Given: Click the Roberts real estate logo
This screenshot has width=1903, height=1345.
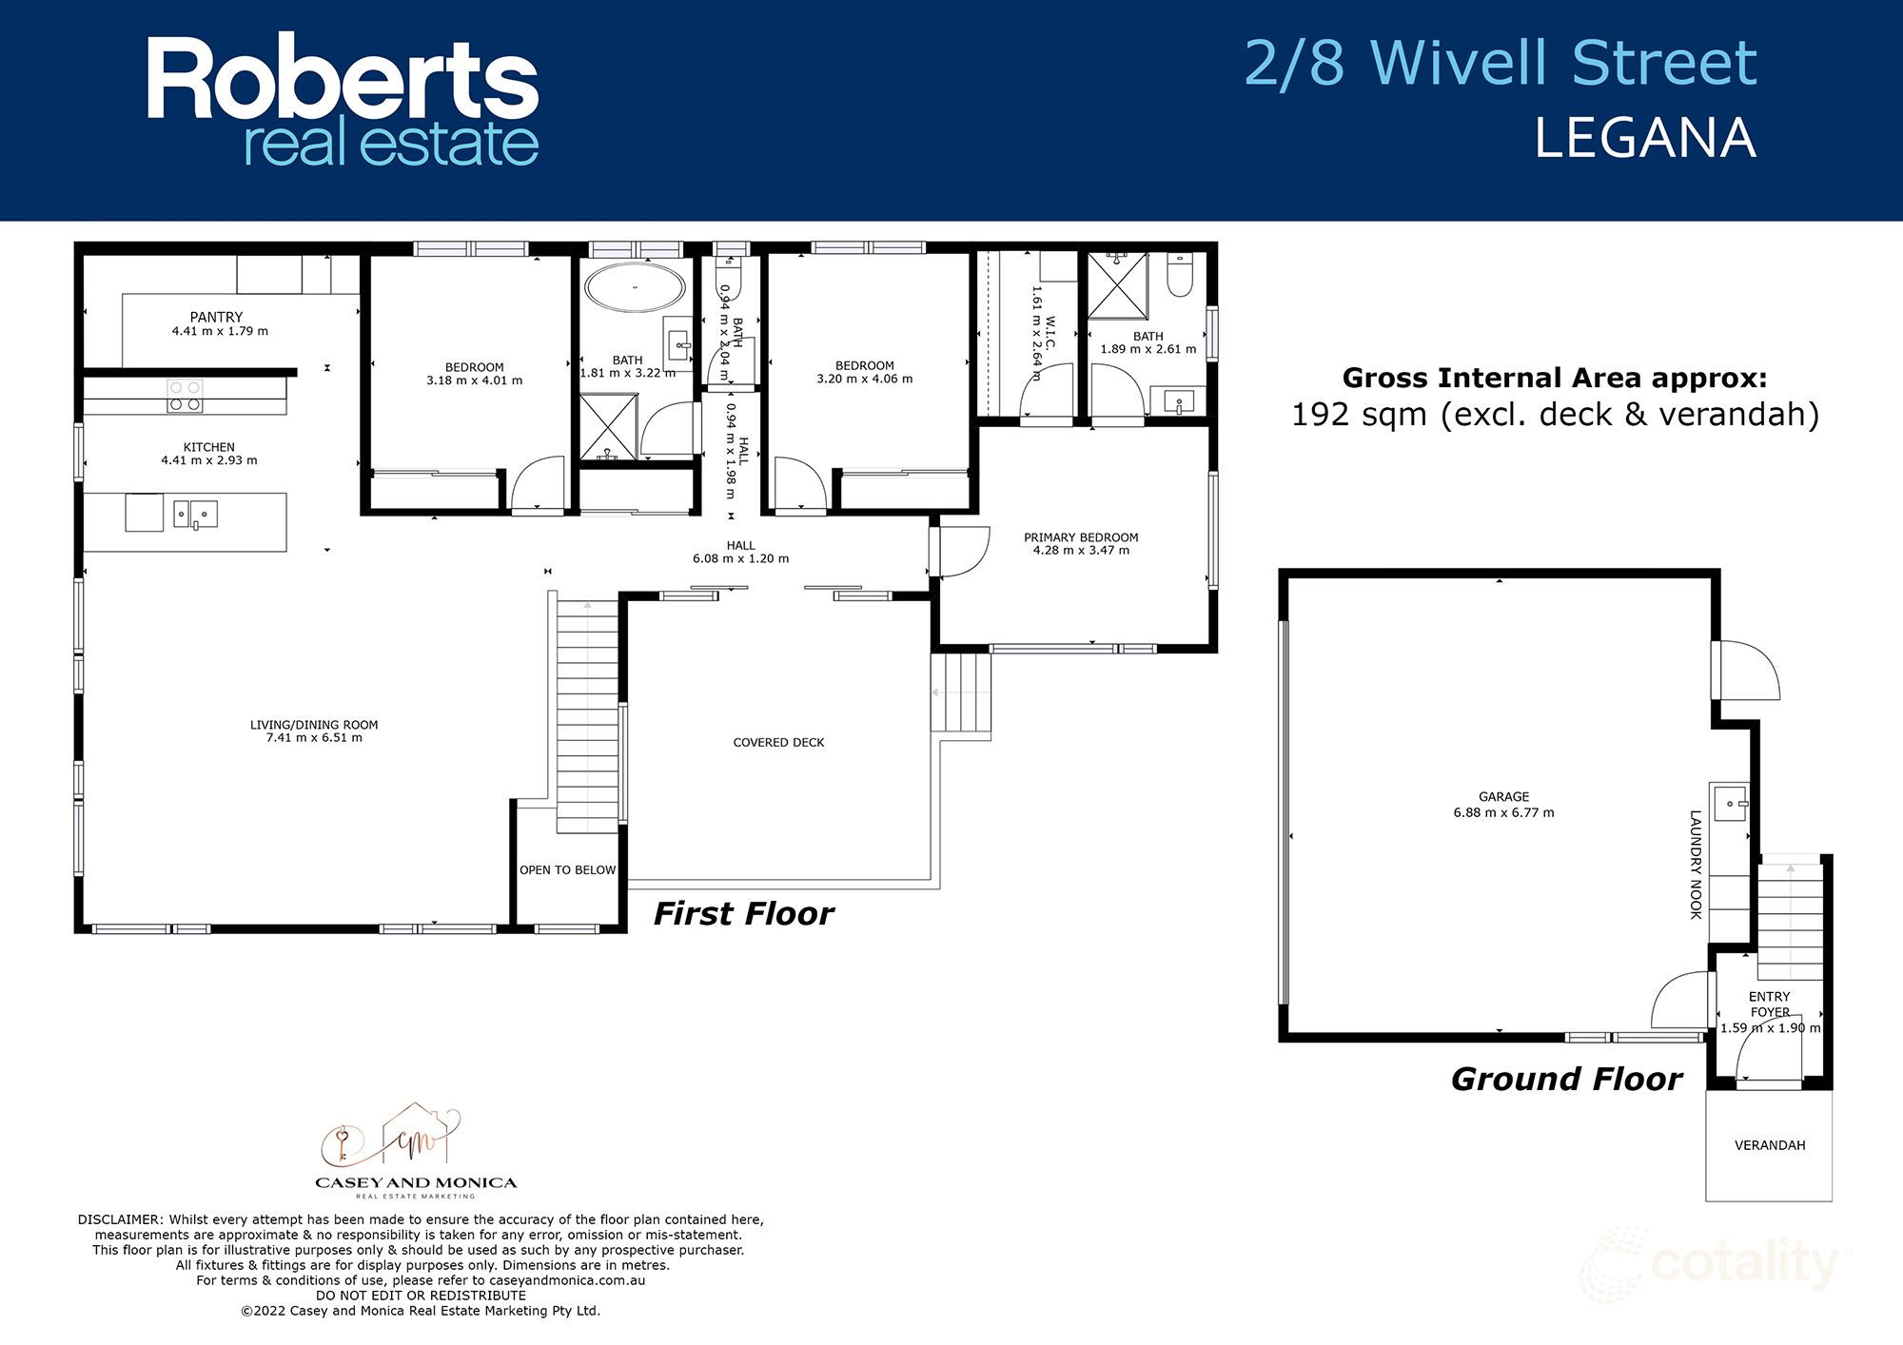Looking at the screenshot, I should [x=343, y=102].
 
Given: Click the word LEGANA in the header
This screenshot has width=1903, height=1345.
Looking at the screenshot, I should [x=1644, y=139].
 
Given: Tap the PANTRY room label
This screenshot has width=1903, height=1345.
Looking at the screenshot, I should [x=216, y=317].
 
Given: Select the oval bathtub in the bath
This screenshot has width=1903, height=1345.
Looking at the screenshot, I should [x=635, y=287].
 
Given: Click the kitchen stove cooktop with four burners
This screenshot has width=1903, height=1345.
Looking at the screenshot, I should [x=185, y=396].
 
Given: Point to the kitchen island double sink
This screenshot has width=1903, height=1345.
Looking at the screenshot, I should [x=195, y=515].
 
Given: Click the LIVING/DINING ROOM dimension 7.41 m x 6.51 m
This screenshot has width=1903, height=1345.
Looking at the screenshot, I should [x=314, y=738].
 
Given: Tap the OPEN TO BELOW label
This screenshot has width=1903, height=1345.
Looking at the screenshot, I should [x=567, y=870].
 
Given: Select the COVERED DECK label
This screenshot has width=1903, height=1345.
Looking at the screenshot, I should [x=778, y=743].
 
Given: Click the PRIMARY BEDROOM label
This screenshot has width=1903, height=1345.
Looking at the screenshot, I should [x=1081, y=537].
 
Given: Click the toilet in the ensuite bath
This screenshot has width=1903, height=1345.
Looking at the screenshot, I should [x=1180, y=275].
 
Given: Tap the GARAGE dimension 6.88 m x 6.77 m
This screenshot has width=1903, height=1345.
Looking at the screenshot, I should [x=1503, y=813].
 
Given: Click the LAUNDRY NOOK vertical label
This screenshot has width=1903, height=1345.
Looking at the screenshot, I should [x=1695, y=864].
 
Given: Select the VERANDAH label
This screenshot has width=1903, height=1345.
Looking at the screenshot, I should [x=1769, y=1145].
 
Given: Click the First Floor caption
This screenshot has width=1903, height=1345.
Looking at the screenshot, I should [x=743, y=914].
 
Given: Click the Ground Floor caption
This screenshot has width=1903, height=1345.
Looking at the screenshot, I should [x=1566, y=1080].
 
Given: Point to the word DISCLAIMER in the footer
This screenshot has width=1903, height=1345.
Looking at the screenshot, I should [x=120, y=1219].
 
